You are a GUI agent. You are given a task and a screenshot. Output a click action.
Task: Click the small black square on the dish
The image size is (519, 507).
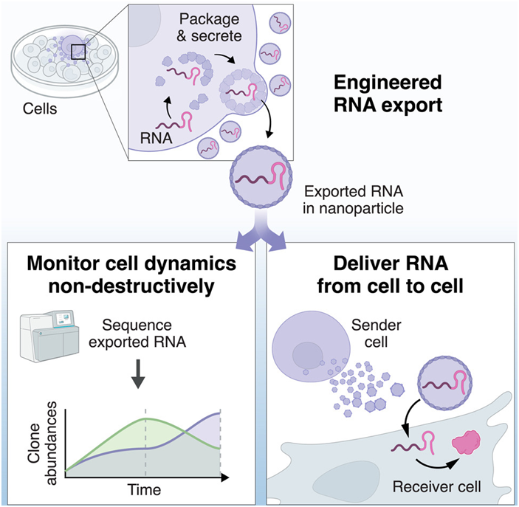click(79, 52)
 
